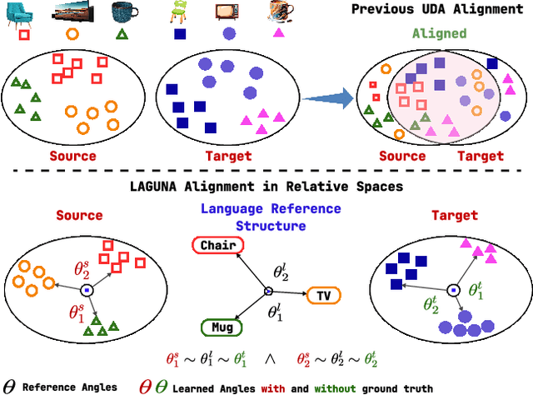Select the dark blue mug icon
tap(122, 12)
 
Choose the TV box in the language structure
tap(322, 294)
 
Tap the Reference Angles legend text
tap(68, 387)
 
